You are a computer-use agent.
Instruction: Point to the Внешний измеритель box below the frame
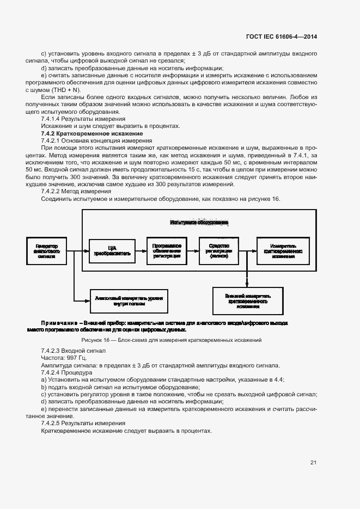coord(247,299)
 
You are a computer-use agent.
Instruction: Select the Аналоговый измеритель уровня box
coord(131,298)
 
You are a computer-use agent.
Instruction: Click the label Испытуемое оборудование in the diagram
coord(199,222)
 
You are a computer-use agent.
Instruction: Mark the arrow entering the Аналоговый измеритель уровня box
coord(83,298)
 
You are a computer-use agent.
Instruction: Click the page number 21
coord(313,463)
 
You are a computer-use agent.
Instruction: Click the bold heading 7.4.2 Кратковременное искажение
coord(92,133)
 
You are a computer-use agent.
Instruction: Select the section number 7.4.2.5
coord(50,422)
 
